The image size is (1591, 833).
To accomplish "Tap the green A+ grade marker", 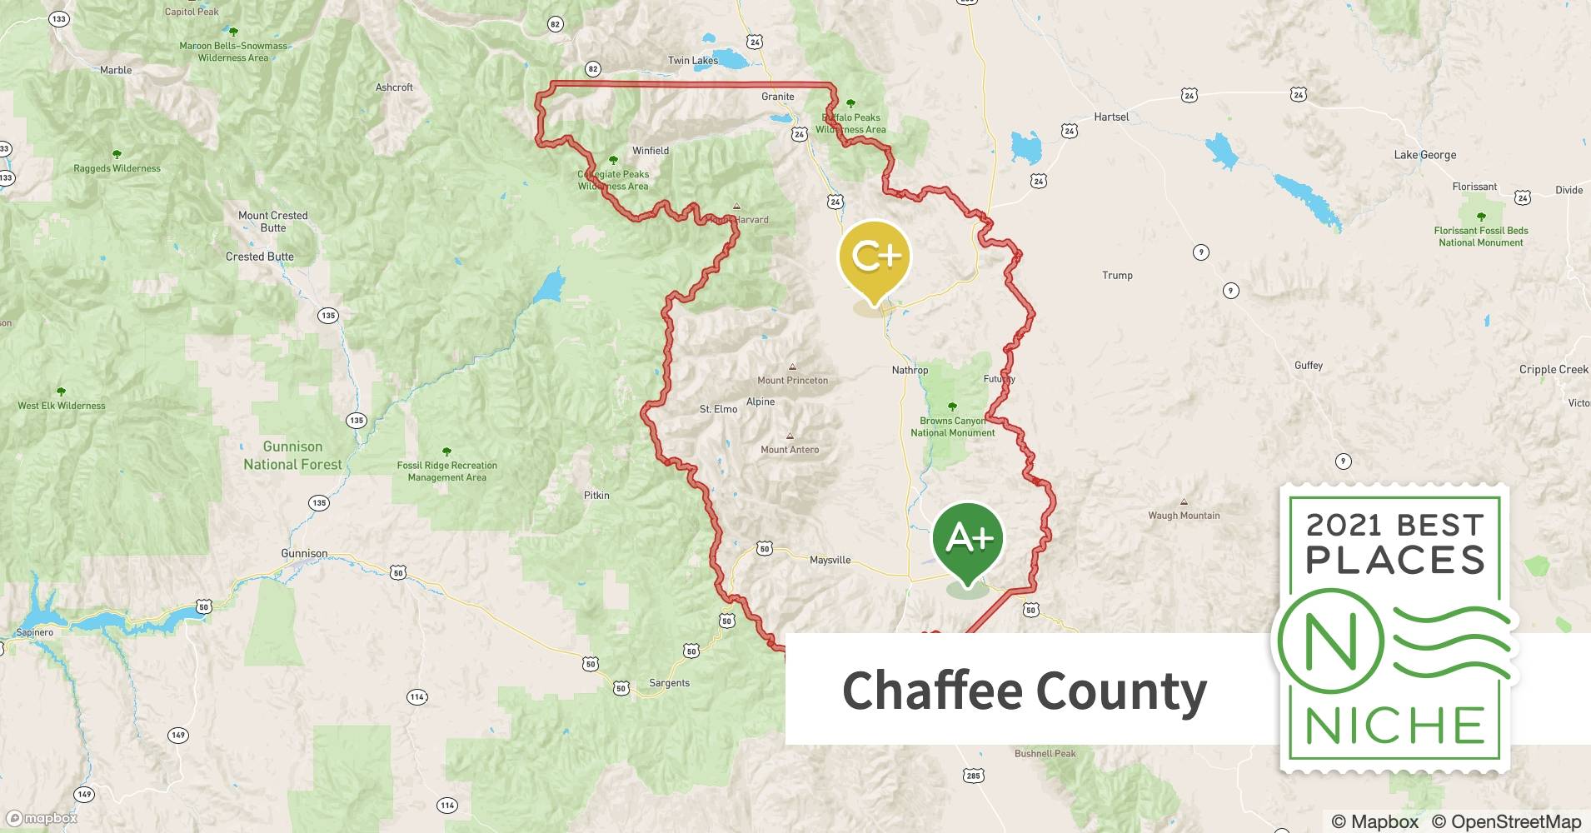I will pyautogui.click(x=968, y=540).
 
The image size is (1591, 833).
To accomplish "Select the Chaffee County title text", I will pyautogui.click(x=1024, y=691).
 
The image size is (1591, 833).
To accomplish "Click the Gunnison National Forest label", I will pyautogui.click(x=292, y=456).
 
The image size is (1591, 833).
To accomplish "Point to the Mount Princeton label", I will pyautogui.click(x=792, y=381).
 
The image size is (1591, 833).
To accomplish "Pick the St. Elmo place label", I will pyautogui.click(x=718, y=409).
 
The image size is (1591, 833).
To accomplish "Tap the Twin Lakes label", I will pyautogui.click(x=692, y=61).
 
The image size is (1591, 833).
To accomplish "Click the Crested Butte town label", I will pyautogui.click(x=259, y=257).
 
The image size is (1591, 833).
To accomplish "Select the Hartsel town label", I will pyautogui.click(x=1111, y=117).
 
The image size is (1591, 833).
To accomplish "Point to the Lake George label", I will pyautogui.click(x=1424, y=155).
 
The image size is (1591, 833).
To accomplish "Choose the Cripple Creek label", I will pyautogui.click(x=1553, y=370).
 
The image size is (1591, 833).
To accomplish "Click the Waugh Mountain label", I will pyautogui.click(x=1183, y=516).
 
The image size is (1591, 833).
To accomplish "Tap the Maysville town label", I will pyautogui.click(x=830, y=561).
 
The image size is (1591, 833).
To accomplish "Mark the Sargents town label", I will pyautogui.click(x=669, y=683).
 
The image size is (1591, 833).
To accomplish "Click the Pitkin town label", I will pyautogui.click(x=596, y=496).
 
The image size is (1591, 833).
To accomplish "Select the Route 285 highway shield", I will pyautogui.click(x=973, y=776).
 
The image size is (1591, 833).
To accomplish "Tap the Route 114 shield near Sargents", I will pyautogui.click(x=417, y=696).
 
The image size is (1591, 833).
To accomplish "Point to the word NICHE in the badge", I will pyautogui.click(x=1394, y=725).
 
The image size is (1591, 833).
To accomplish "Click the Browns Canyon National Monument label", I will pyautogui.click(x=952, y=426).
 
